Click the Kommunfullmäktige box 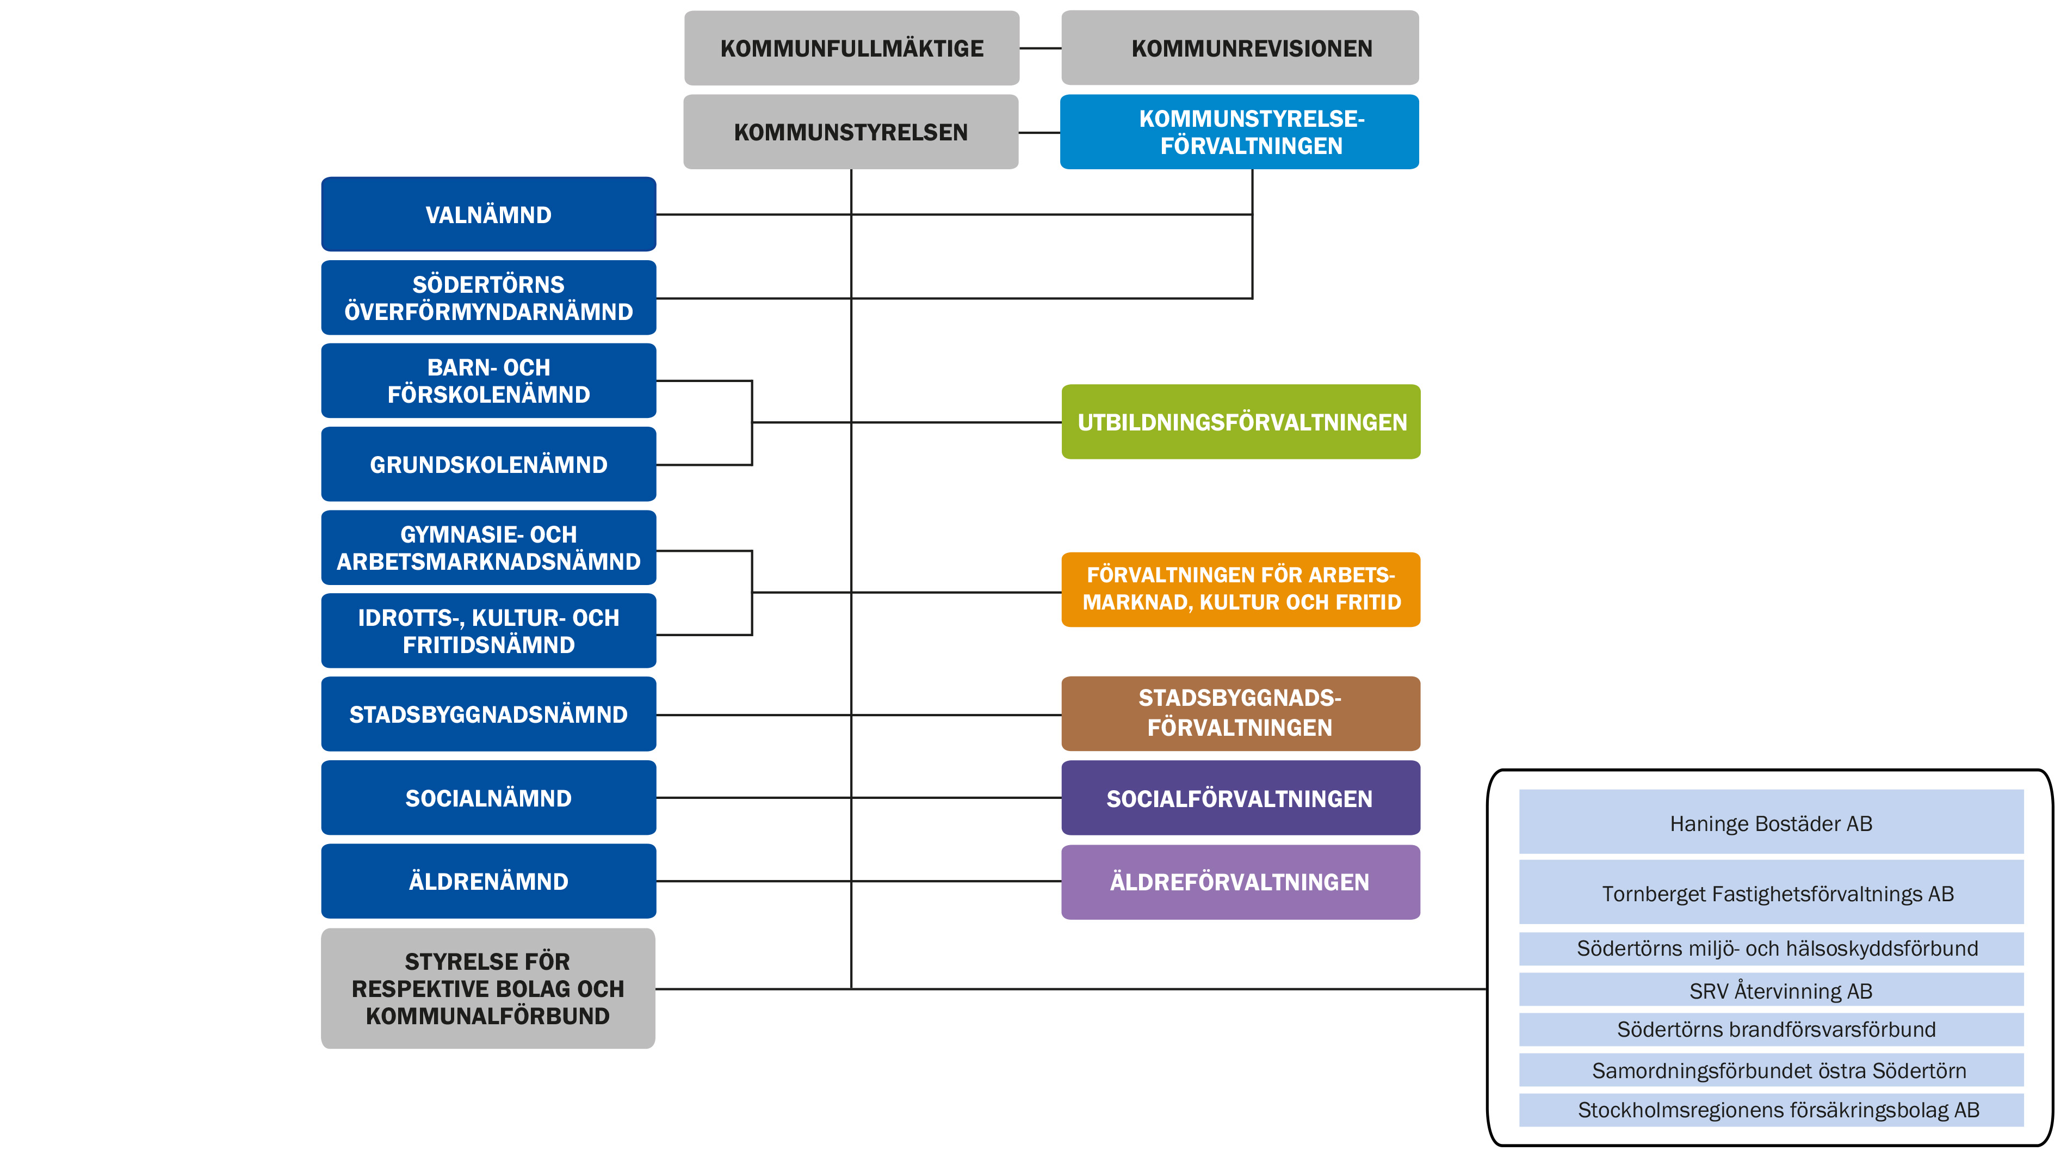[851, 48]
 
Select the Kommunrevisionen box [1240, 48]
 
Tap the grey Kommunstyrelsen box [851, 132]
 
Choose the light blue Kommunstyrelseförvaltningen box [1239, 132]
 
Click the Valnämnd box [488, 214]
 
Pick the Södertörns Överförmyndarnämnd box [488, 298]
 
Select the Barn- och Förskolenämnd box [488, 381]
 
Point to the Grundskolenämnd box [488, 465]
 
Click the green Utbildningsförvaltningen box [1241, 422]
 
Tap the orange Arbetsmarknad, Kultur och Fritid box [1241, 589]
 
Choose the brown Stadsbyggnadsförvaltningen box [1241, 713]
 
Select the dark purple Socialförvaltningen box [1241, 798]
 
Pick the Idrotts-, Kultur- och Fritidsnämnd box [488, 631]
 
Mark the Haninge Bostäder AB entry [1771, 823]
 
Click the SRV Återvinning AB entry [1771, 990]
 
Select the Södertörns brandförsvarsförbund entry [1771, 1030]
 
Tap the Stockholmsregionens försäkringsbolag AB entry [1771, 1110]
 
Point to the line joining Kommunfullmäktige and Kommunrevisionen [1040, 48]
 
